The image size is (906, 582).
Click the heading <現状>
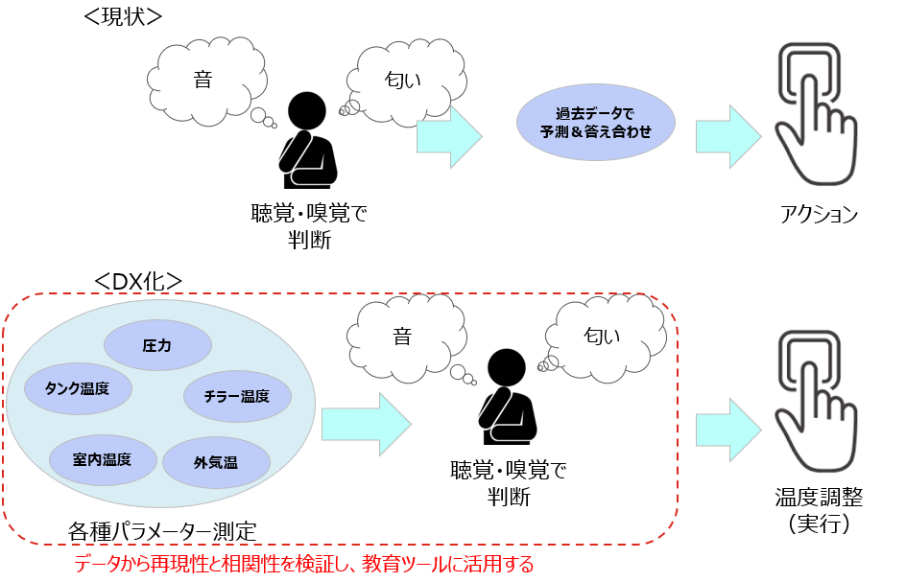coord(124,17)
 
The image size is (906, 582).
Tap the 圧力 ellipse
coord(156,344)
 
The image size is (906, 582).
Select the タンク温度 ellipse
coord(77,388)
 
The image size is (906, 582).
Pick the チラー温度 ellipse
coord(236,395)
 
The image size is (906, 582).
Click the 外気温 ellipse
coord(216,463)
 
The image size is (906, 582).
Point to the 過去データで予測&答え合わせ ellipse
coord(596,122)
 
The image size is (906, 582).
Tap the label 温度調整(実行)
coord(819,510)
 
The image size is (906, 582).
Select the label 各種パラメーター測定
coord(162,529)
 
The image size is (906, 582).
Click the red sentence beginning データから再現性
coord(303,564)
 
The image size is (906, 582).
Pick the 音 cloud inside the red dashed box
coord(402,337)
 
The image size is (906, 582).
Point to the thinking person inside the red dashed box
coord(509,398)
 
